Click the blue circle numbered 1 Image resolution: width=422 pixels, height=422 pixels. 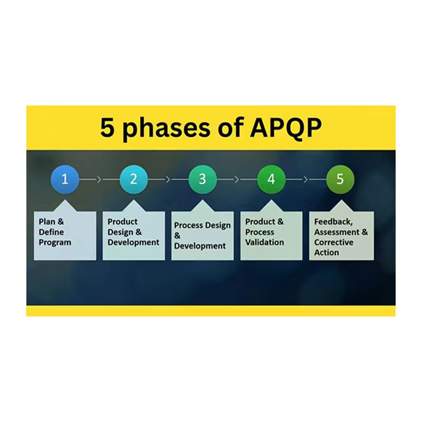pyautogui.click(x=65, y=179)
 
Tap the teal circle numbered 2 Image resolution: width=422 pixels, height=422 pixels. pyautogui.click(x=134, y=179)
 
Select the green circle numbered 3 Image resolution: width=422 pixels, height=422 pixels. pyautogui.click(x=203, y=179)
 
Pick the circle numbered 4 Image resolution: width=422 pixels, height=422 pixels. pyautogui.click(x=271, y=179)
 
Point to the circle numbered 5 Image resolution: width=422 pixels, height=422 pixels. pyautogui.click(x=340, y=179)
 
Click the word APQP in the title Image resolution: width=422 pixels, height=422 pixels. pyautogui.click(x=285, y=128)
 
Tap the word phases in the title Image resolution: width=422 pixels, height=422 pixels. pyautogui.click(x=167, y=129)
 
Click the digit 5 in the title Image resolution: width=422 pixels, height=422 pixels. pyautogui.click(x=108, y=128)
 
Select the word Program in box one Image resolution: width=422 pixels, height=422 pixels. pyautogui.click(x=55, y=243)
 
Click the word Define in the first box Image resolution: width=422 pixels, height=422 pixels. pyautogui.click(x=51, y=232)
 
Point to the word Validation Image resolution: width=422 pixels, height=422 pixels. pyautogui.click(x=264, y=242)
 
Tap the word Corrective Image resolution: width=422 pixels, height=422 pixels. pyautogui.click(x=334, y=242)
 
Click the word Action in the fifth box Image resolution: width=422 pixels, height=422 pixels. pyautogui.click(x=327, y=253)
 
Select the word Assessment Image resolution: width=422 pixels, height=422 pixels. pyautogui.click(x=337, y=232)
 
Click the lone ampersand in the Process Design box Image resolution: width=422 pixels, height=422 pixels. pyautogui.click(x=177, y=236)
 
